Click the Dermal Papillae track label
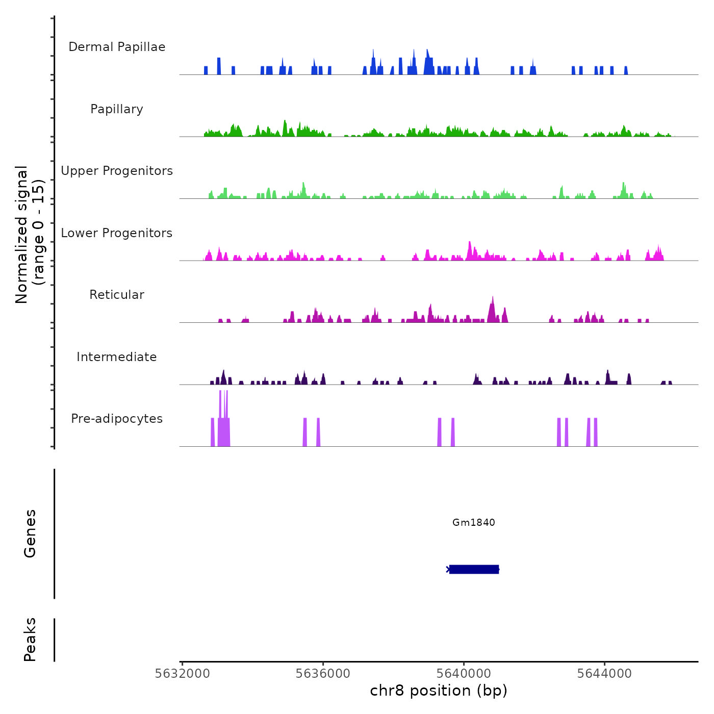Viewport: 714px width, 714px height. (x=117, y=47)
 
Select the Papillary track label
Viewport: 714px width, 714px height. (x=117, y=109)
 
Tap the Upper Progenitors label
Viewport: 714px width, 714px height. (x=117, y=171)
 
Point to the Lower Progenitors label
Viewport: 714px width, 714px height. (x=117, y=233)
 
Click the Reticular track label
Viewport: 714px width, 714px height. (x=117, y=295)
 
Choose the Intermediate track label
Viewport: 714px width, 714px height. (x=117, y=357)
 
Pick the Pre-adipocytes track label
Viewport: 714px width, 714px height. (x=117, y=419)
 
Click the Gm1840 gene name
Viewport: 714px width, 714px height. (x=473, y=522)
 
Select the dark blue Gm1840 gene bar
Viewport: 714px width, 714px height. (x=474, y=569)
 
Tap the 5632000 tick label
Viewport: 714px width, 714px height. (x=182, y=674)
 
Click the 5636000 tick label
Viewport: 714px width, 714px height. (x=323, y=674)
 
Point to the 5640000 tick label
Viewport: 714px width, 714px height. (x=464, y=674)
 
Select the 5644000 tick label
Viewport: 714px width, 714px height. (x=604, y=674)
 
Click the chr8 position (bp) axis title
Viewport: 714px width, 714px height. (x=439, y=691)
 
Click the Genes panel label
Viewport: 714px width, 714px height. (x=30, y=533)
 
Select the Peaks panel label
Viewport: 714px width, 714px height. (x=30, y=640)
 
